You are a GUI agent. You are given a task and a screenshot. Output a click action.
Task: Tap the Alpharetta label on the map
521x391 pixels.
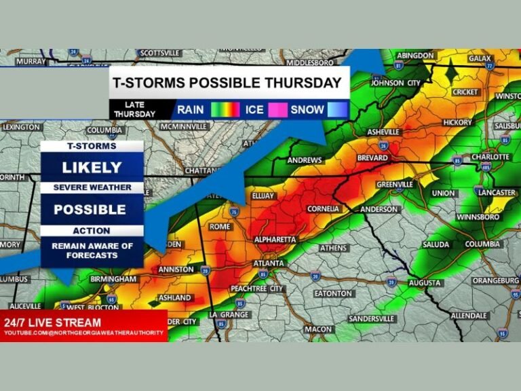pyautogui.click(x=275, y=240)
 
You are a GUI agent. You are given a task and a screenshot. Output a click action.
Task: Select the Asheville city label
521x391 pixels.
pyautogui.click(x=383, y=131)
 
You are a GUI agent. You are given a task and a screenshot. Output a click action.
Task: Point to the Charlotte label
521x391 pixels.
pyautogui.click(x=490, y=157)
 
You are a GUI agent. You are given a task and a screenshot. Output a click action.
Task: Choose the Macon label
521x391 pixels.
pyautogui.click(x=317, y=329)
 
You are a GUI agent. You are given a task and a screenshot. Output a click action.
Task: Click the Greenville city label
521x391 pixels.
pyautogui.click(x=395, y=184)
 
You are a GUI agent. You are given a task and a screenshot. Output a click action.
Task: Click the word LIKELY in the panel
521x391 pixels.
pyautogui.click(x=92, y=168)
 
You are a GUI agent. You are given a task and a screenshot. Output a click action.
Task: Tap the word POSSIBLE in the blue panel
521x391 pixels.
pyautogui.click(x=92, y=209)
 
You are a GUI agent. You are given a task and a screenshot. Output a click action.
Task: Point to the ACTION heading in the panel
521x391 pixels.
pyautogui.click(x=92, y=230)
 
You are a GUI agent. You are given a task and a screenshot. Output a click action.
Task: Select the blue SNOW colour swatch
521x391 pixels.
pyautogui.click(x=337, y=109)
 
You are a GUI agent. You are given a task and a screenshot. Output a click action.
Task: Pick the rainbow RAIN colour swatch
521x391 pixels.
pyautogui.click(x=225, y=109)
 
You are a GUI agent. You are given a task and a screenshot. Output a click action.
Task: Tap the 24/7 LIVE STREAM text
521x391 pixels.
pyautogui.click(x=53, y=322)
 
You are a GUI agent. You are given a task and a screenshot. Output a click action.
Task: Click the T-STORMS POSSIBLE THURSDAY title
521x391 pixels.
pyautogui.click(x=227, y=83)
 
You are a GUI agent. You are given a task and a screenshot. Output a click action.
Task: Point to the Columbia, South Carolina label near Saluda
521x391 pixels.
pyautogui.click(x=482, y=244)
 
